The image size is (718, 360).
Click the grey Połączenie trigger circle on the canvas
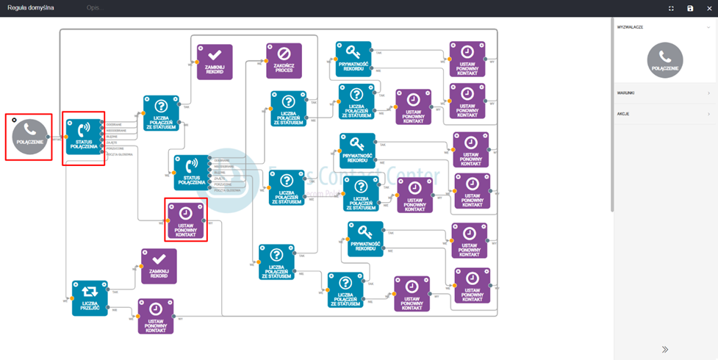point(29,137)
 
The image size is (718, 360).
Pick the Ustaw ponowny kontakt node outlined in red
point(186,220)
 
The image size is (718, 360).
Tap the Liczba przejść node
point(90,298)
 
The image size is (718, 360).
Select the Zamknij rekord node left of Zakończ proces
point(215,62)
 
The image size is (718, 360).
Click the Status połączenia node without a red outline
point(191,173)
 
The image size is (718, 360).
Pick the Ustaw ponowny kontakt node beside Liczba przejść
point(156,316)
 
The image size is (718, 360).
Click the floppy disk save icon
point(690,8)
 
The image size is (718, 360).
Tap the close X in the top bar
point(709,8)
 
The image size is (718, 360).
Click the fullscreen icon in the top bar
point(671,8)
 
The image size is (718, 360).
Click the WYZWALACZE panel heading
point(631,27)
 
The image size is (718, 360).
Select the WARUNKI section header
point(627,93)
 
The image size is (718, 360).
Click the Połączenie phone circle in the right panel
point(664,60)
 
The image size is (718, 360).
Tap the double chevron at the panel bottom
point(664,350)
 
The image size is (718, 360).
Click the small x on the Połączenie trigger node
point(15,120)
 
